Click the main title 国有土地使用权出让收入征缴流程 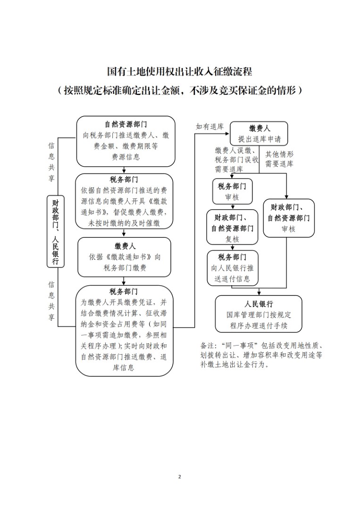click(x=180, y=72)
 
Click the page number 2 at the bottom click(x=180, y=477)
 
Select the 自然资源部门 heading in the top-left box click(x=126, y=124)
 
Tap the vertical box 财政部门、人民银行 click(x=56, y=231)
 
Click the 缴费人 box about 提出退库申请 click(x=259, y=133)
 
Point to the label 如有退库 click(x=209, y=127)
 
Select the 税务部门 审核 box click(x=232, y=191)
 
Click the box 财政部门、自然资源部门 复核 click(x=232, y=227)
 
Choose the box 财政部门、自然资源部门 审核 click(x=289, y=218)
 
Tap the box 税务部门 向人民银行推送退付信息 click(x=233, y=268)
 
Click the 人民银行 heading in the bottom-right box click(x=259, y=304)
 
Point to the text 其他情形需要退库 click(x=279, y=159)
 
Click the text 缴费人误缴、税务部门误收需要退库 click(x=236, y=160)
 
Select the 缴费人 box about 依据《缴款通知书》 click(x=124, y=257)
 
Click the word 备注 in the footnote click(x=208, y=345)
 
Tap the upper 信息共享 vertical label click(x=51, y=161)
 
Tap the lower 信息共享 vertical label click(x=51, y=301)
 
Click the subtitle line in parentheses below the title click(x=180, y=90)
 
